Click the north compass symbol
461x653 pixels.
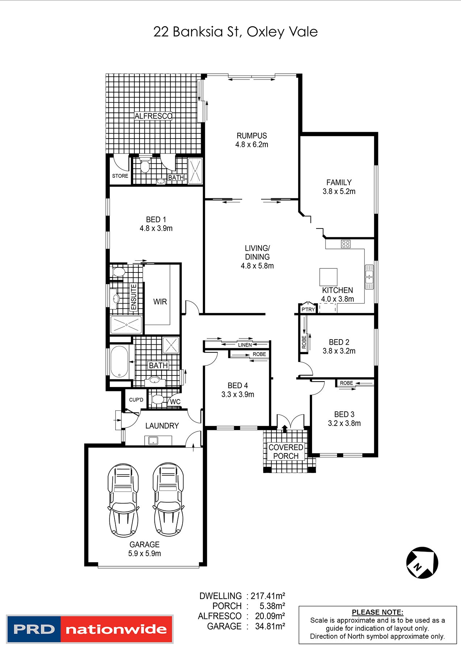click(x=422, y=563)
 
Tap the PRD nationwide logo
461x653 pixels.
click(x=90, y=629)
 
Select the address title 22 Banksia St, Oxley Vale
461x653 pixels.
click(x=236, y=32)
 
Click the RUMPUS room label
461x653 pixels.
click(x=252, y=136)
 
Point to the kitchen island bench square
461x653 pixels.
click(x=328, y=277)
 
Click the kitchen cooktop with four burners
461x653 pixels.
click(x=346, y=244)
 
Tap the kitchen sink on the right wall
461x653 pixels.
click(x=369, y=277)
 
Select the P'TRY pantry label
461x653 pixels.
click(x=308, y=309)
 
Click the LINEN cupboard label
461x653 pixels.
click(x=245, y=345)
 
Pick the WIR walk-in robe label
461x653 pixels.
click(x=160, y=302)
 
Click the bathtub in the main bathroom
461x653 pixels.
click(x=119, y=362)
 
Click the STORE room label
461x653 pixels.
click(x=120, y=176)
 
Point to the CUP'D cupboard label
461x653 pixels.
click(x=136, y=400)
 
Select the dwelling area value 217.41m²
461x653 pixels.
click(x=268, y=596)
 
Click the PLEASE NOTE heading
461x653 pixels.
click(x=378, y=612)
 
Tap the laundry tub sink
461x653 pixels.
click(x=153, y=441)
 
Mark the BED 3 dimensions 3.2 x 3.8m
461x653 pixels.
click(x=344, y=423)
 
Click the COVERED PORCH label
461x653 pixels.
click(x=286, y=452)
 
